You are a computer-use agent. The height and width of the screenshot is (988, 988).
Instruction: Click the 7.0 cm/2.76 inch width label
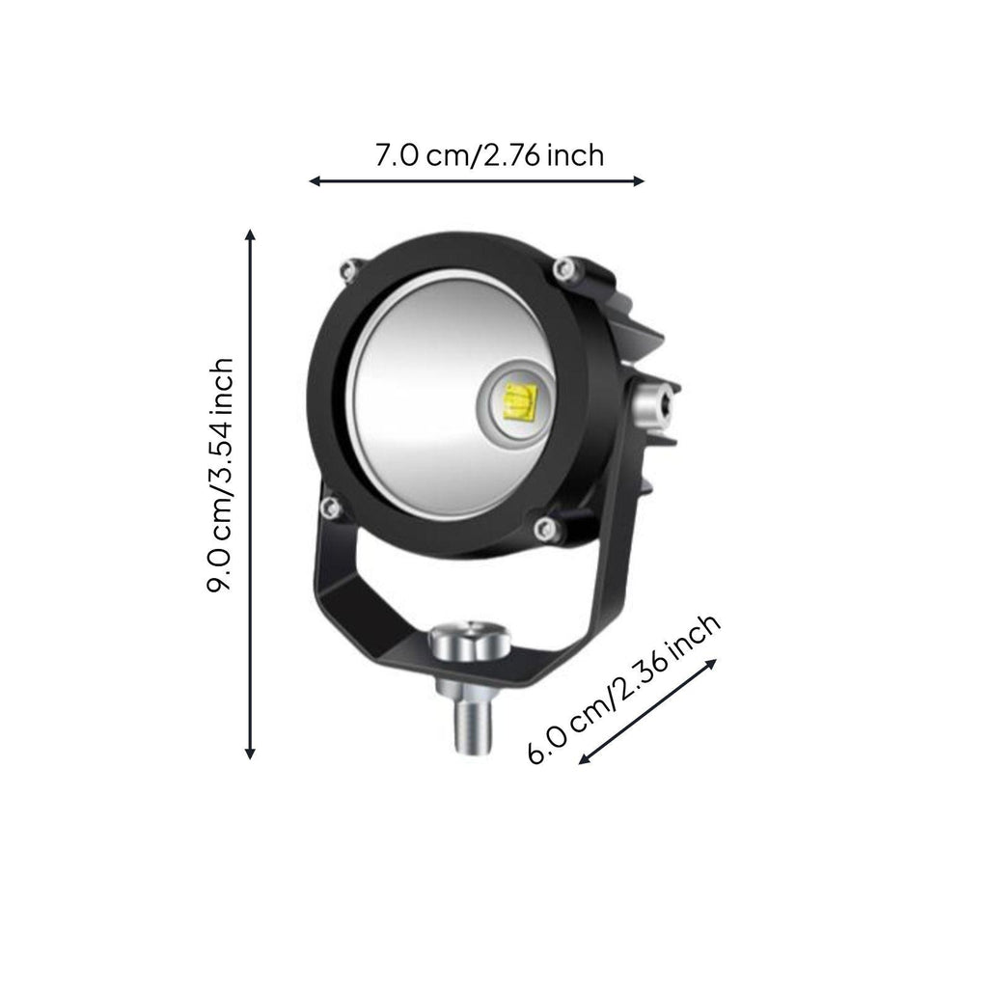[489, 155]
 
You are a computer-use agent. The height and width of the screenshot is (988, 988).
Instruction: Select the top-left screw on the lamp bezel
[350, 271]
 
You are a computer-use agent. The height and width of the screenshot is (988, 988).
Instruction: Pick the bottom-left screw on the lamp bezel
[331, 507]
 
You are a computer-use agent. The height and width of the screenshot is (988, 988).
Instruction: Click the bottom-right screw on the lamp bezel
[546, 528]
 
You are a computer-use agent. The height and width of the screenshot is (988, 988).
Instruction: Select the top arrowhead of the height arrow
[251, 234]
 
